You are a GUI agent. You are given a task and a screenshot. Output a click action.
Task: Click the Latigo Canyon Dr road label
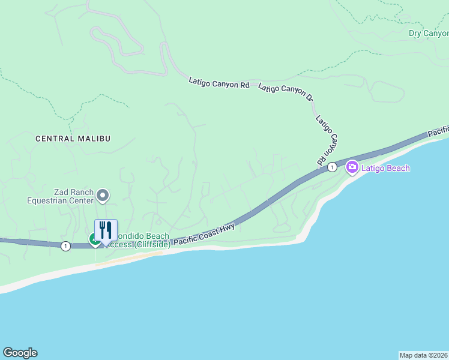tap(286, 92)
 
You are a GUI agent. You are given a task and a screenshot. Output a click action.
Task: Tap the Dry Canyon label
tap(428, 33)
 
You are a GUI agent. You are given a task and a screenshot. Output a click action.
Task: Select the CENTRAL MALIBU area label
tap(73, 139)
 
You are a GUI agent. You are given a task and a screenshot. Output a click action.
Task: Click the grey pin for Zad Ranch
tap(103, 195)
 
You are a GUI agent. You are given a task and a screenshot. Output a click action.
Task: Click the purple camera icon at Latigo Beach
tap(352, 168)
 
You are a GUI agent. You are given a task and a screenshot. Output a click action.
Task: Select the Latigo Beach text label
tap(385, 168)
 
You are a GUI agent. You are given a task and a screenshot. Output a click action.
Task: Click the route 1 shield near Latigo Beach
tap(331, 167)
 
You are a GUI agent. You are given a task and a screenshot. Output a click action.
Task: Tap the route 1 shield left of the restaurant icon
tap(65, 245)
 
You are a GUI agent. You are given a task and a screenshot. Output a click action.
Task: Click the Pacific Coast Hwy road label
tap(204, 234)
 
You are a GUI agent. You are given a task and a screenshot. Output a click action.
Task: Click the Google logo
tap(20, 353)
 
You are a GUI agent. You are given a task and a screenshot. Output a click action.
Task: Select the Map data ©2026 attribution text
tap(423, 355)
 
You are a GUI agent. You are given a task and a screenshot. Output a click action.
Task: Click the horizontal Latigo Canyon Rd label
tap(218, 82)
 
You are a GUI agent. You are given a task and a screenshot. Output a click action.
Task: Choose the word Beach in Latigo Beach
tap(398, 168)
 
